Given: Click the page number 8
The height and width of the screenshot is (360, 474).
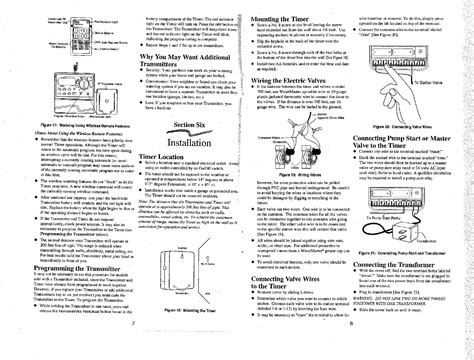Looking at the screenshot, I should [x=353, y=352].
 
